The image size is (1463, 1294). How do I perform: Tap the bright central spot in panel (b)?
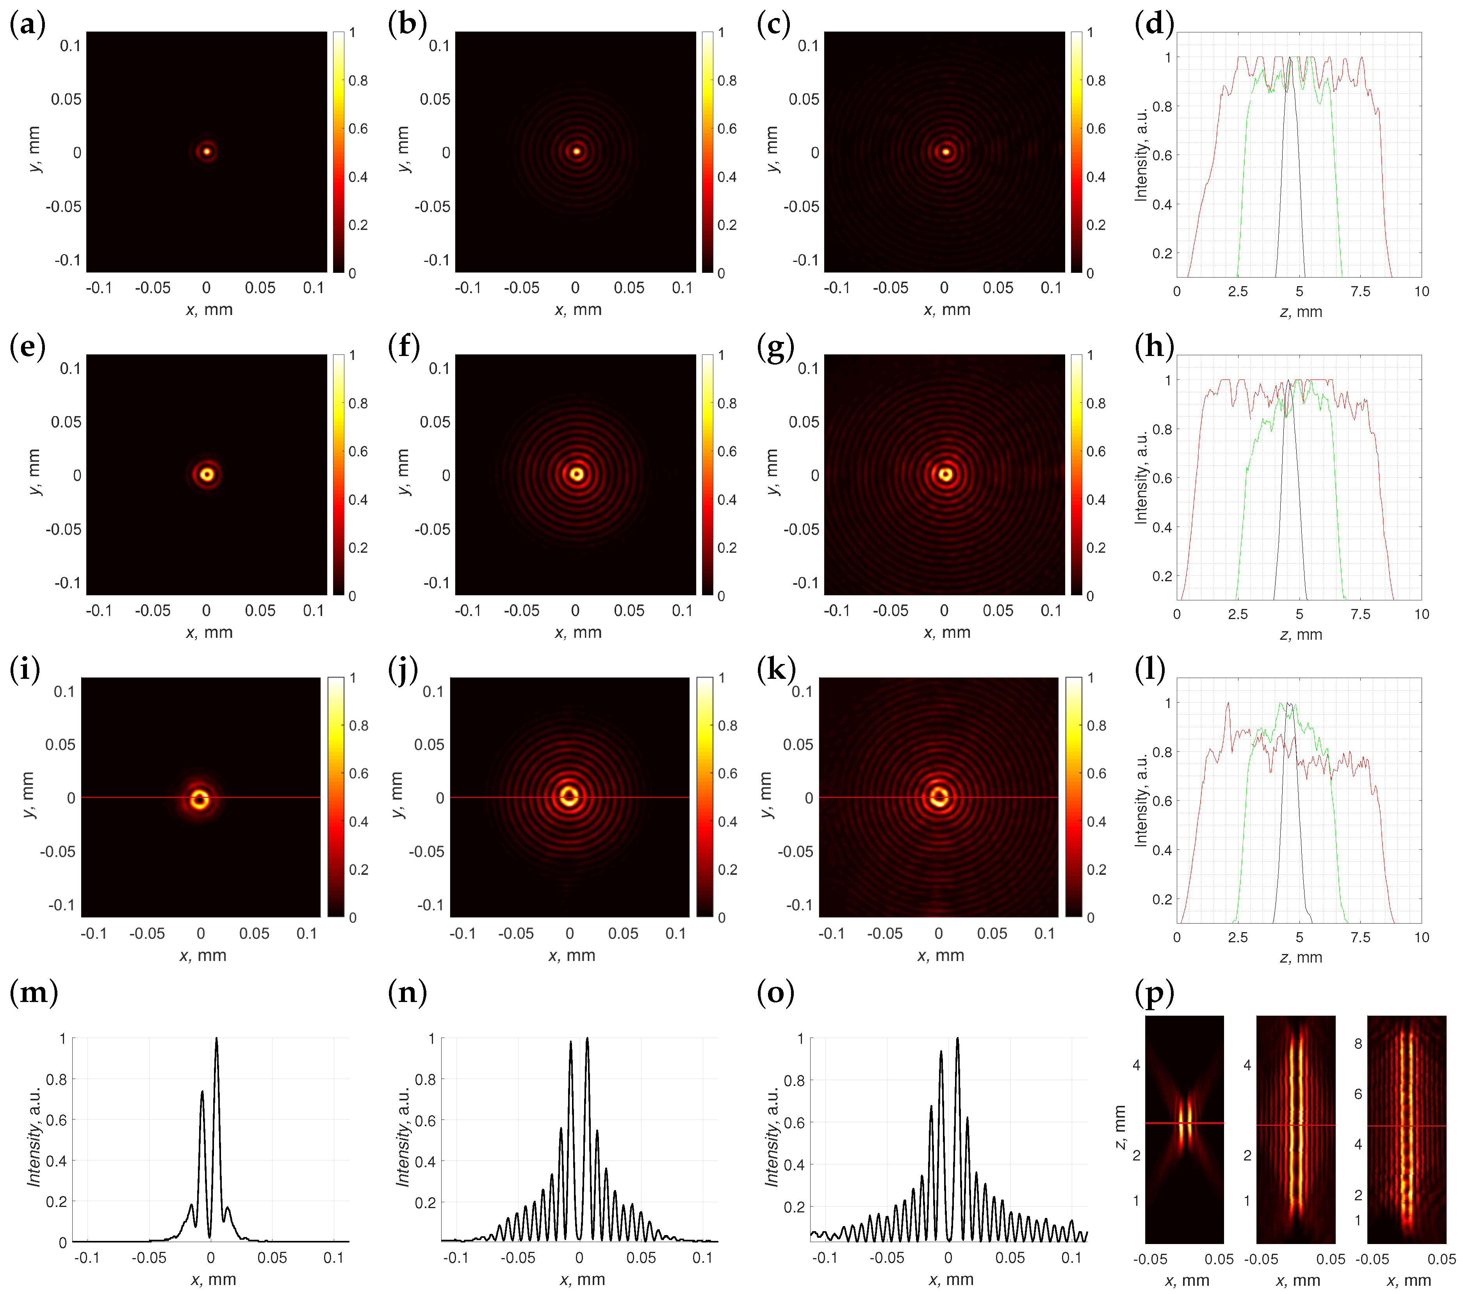pyautogui.click(x=576, y=151)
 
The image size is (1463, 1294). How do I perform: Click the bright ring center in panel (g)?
pyautogui.click(x=946, y=474)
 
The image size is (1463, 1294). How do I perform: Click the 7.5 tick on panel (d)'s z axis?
pyautogui.click(x=1360, y=291)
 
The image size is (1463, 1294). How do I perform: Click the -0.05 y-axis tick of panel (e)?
pyautogui.click(x=63, y=529)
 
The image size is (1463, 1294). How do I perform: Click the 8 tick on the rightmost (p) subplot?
pyautogui.click(x=1358, y=1043)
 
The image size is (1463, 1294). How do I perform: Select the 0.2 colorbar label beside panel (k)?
pyautogui.click(x=1096, y=870)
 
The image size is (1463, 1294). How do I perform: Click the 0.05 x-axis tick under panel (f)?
pyautogui.click(x=629, y=611)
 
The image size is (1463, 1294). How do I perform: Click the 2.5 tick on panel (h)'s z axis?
pyautogui.click(x=1238, y=614)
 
